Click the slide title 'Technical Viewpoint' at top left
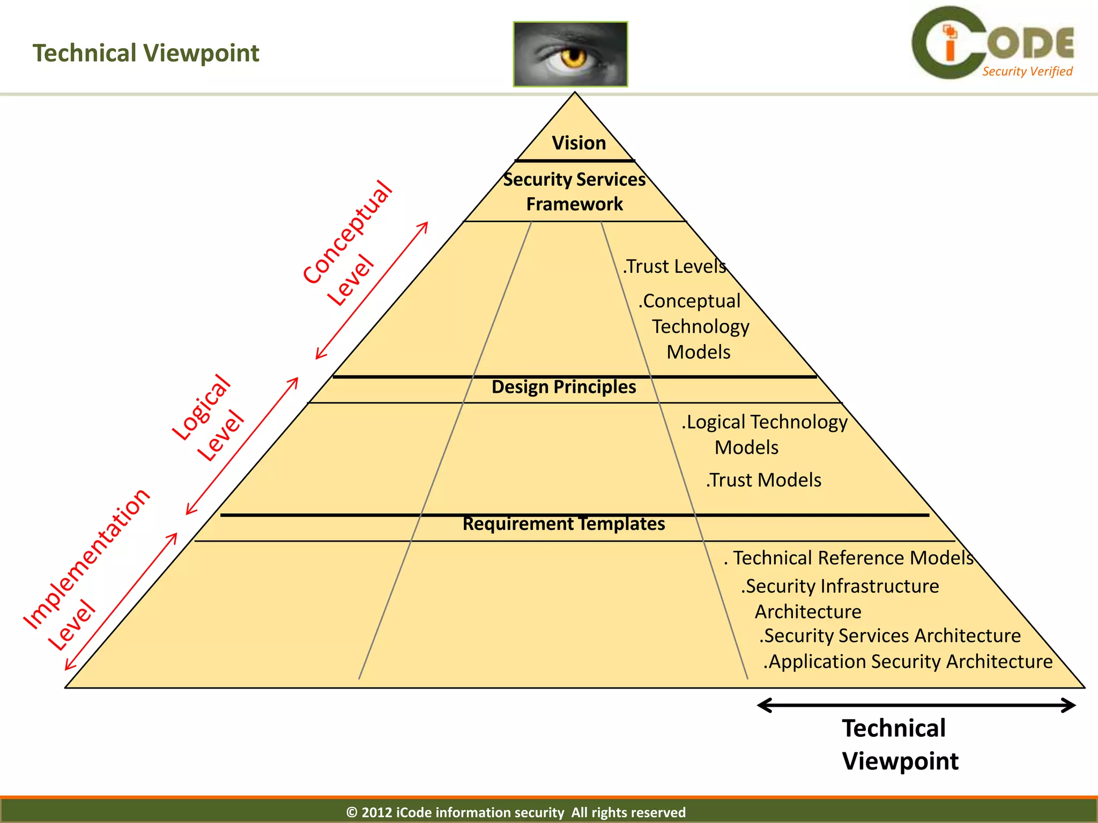pyautogui.click(x=146, y=53)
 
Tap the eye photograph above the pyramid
pyautogui.click(x=570, y=54)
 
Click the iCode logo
pyautogui.click(x=992, y=43)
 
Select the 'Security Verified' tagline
pyautogui.click(x=1027, y=72)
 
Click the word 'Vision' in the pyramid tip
pyautogui.click(x=579, y=143)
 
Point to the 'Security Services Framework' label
pyautogui.click(x=575, y=191)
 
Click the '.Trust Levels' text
pyautogui.click(x=674, y=266)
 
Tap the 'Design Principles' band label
pyautogui.click(x=563, y=387)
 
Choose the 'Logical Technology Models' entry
pyautogui.click(x=764, y=434)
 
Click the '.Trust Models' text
pyautogui.click(x=763, y=480)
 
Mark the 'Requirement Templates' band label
pyautogui.click(x=563, y=523)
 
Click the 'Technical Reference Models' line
pyautogui.click(x=849, y=558)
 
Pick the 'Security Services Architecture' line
pyautogui.click(x=890, y=635)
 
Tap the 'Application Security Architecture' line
pyautogui.click(x=908, y=662)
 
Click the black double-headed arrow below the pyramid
pyautogui.click(x=916, y=705)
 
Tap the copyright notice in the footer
pyautogui.click(x=516, y=812)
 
